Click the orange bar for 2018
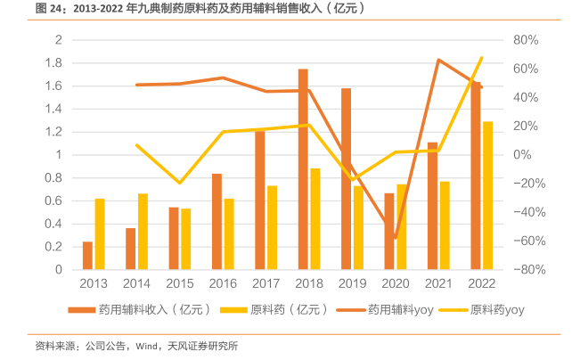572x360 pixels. (303, 169)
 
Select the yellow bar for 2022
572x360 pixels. (487, 195)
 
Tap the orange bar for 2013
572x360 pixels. (87, 255)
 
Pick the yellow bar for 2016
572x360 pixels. (229, 233)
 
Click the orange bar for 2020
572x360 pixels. (389, 231)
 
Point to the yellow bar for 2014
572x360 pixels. (143, 231)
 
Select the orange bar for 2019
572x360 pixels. (346, 178)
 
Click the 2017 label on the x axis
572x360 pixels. (266, 283)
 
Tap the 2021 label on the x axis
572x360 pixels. (438, 283)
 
